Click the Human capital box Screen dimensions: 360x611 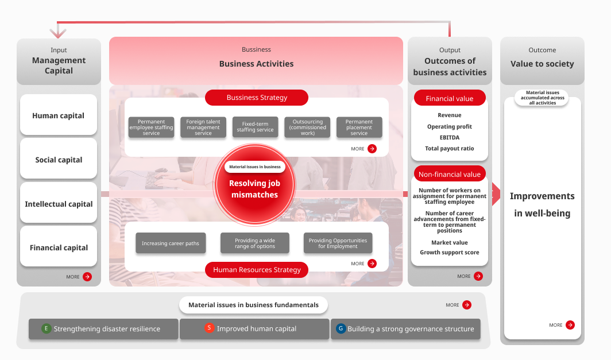[x=59, y=115]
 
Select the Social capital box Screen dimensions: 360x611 [x=59, y=159]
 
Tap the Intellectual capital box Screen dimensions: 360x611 [x=59, y=203]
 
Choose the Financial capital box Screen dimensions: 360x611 [x=59, y=247]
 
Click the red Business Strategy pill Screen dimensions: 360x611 [x=257, y=98]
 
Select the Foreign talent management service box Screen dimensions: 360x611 [x=203, y=127]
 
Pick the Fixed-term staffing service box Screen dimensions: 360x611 [x=255, y=127]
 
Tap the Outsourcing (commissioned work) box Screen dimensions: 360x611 [x=307, y=127]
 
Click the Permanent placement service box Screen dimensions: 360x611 [x=359, y=127]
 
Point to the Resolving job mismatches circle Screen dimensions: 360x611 [x=254, y=185]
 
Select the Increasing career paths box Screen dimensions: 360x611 [x=170, y=243]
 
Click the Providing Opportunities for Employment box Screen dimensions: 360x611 [x=338, y=243]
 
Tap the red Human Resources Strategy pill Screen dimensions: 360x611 [x=257, y=270]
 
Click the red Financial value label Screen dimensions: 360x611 [x=450, y=98]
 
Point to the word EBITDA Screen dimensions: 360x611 [x=450, y=138]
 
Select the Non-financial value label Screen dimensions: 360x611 [x=450, y=174]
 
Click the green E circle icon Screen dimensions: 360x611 [x=47, y=329]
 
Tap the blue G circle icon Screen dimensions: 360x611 [x=341, y=329]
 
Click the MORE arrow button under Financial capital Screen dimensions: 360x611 [x=87, y=277]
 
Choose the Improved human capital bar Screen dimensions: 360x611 [x=254, y=329]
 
